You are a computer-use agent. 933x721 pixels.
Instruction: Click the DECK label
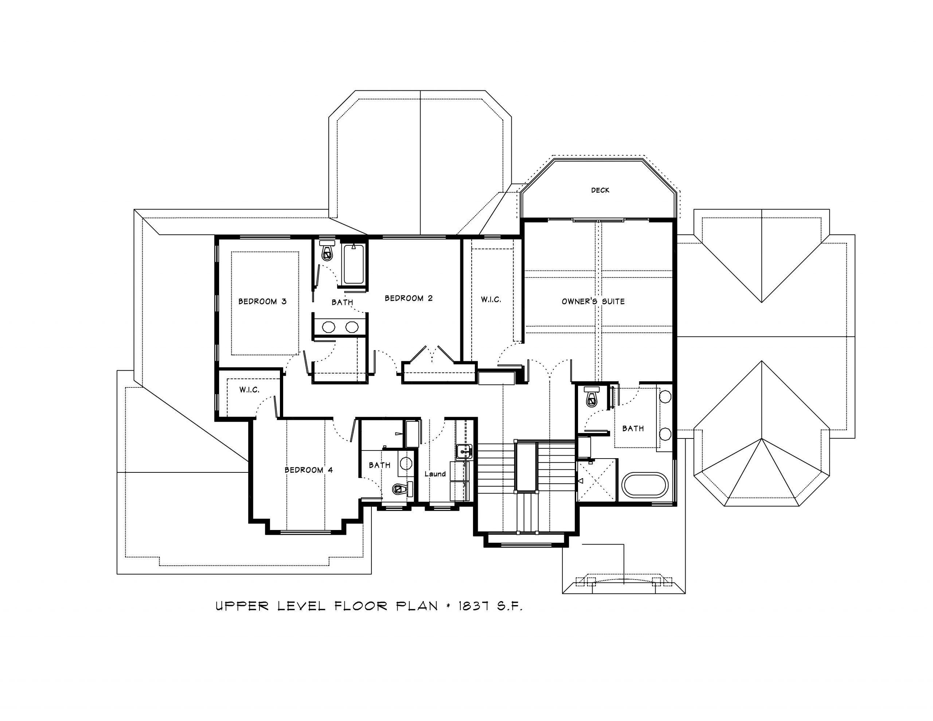[600, 190]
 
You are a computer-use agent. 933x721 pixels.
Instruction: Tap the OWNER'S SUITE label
[593, 301]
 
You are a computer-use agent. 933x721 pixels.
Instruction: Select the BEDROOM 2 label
[409, 298]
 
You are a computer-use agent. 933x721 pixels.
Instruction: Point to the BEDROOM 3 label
[262, 301]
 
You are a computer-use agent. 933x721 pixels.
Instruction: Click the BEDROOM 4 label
[308, 470]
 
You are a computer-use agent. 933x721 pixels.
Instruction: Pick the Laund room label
[435, 473]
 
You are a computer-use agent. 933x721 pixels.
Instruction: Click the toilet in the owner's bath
[592, 396]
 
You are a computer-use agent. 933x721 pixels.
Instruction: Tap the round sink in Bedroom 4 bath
[405, 463]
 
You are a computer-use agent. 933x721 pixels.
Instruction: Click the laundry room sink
[464, 451]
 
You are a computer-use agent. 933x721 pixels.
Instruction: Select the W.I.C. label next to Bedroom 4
[249, 390]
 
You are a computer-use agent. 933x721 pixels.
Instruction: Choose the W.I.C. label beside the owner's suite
[491, 300]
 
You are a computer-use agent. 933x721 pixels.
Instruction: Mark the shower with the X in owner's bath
[597, 480]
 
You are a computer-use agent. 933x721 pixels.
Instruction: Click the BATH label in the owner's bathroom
[633, 428]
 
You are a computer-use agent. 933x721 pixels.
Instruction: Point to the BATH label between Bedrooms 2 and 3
[342, 303]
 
